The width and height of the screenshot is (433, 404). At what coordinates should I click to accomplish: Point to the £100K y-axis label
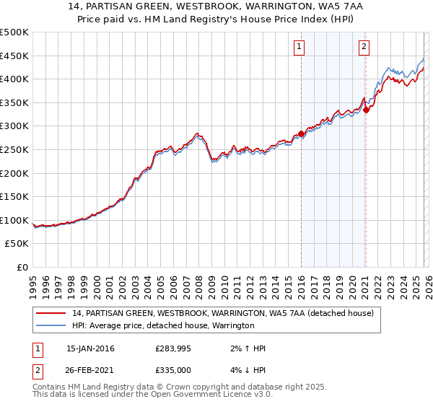(14, 220)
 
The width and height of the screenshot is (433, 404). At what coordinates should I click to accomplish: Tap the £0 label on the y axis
(22, 268)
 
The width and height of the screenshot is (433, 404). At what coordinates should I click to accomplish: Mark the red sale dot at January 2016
(301, 133)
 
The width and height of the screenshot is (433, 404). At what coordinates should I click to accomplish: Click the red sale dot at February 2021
(366, 110)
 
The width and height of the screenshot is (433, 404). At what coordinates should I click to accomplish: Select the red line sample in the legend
(51, 314)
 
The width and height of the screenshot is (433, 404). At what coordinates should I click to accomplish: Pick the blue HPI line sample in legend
(51, 326)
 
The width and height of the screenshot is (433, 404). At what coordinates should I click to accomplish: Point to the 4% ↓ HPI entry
(248, 370)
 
